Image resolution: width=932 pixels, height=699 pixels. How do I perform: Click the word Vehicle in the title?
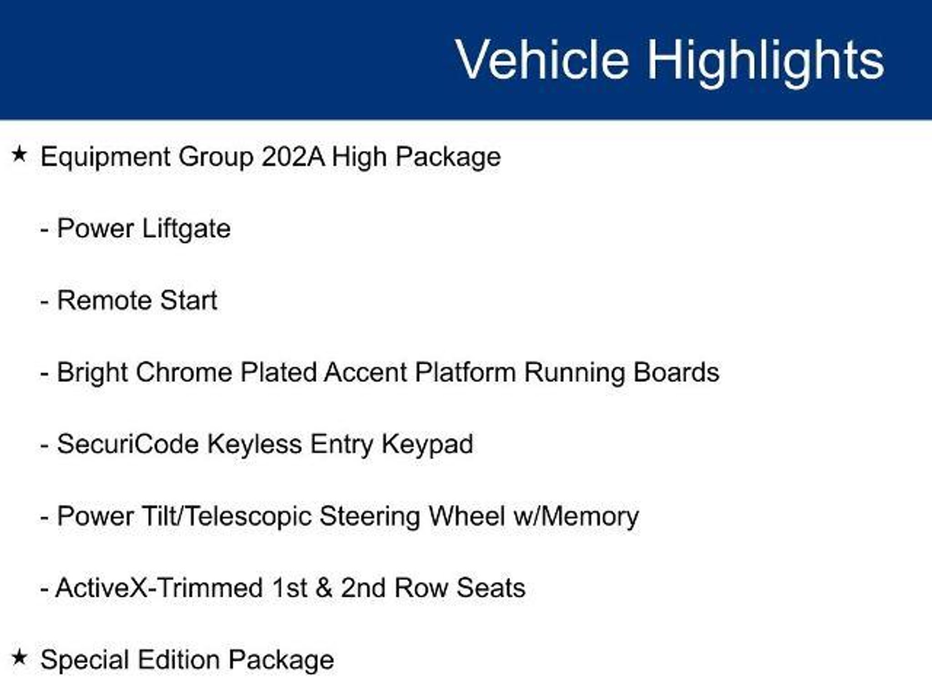(542, 60)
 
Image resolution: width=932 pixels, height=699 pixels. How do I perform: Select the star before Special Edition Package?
(20, 657)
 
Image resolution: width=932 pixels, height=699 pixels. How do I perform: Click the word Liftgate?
(186, 229)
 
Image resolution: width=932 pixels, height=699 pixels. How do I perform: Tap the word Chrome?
(184, 372)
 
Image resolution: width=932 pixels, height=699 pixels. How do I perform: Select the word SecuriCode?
(128, 444)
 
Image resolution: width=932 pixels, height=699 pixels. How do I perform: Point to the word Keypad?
(427, 445)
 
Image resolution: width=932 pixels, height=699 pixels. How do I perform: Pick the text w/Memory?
(576, 517)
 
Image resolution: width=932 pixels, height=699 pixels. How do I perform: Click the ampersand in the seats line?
(323, 588)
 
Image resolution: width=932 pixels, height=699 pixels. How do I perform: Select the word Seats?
(491, 588)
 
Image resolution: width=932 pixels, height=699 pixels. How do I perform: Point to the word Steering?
(370, 518)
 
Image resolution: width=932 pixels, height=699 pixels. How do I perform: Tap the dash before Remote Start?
(44, 302)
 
